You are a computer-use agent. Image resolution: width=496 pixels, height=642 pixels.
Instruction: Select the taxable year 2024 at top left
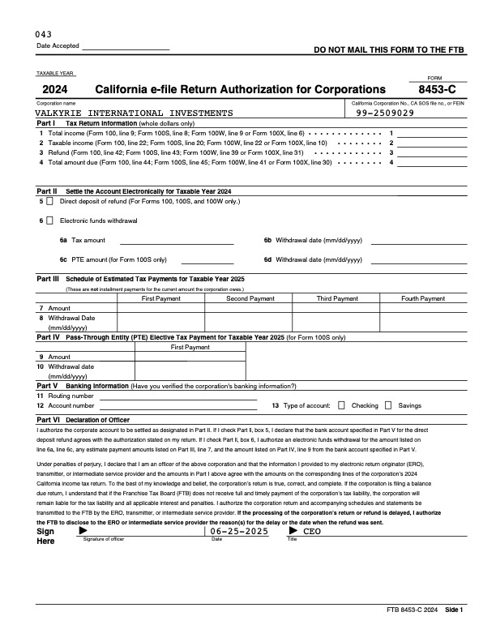pyautogui.click(x=55, y=89)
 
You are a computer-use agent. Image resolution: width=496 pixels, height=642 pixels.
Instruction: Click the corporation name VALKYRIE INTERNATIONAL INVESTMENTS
pyautogui.click(x=134, y=113)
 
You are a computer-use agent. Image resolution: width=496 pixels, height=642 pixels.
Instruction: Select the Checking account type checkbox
pyautogui.click(x=341, y=405)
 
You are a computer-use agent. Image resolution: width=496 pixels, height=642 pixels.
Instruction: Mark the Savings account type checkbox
pyautogui.click(x=388, y=405)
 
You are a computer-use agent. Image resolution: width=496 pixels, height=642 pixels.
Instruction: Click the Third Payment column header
pyautogui.click(x=336, y=298)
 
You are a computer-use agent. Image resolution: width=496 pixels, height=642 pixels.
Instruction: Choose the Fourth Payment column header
pyautogui.click(x=423, y=298)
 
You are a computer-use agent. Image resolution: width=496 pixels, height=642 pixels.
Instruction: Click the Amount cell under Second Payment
pyautogui.click(x=250, y=308)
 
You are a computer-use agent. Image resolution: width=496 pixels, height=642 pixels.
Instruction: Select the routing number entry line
pyautogui.click(x=178, y=396)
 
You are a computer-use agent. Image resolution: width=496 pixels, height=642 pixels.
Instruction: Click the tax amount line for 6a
pyautogui.click(x=177, y=241)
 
